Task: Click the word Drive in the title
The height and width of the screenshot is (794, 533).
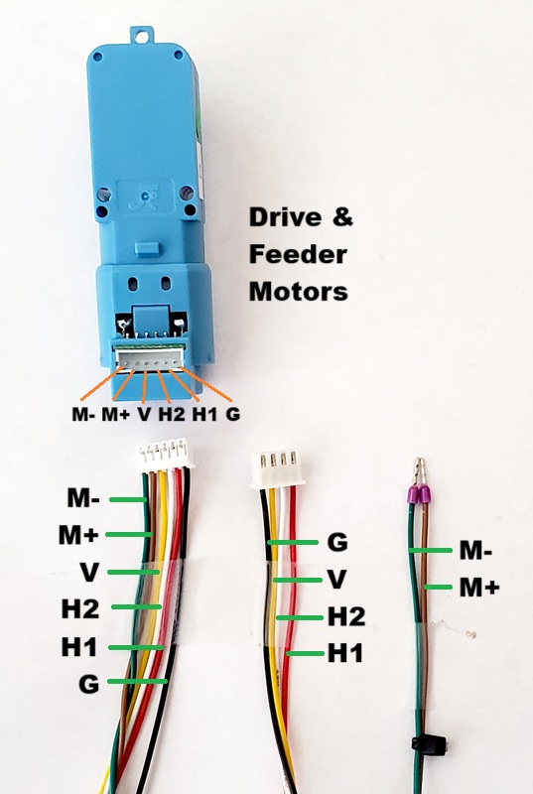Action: click(x=285, y=217)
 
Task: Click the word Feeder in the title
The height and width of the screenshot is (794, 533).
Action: click(x=298, y=254)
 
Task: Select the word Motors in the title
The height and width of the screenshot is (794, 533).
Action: click(x=298, y=291)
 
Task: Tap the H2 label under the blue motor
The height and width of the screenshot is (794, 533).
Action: click(x=172, y=414)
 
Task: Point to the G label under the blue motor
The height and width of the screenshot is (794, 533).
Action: click(x=232, y=414)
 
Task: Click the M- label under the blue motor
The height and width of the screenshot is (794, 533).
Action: click(x=83, y=414)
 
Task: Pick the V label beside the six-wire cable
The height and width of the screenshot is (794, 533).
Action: click(x=89, y=573)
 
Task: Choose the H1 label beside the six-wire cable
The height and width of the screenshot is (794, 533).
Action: click(x=79, y=647)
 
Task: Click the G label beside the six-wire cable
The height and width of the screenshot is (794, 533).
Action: click(x=88, y=684)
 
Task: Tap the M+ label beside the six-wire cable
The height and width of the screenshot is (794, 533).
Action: click(x=78, y=535)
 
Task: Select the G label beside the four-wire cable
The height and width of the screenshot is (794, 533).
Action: click(x=337, y=542)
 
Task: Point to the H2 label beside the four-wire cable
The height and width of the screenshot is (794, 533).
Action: click(x=346, y=616)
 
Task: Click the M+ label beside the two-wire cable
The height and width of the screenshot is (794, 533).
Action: click(x=479, y=588)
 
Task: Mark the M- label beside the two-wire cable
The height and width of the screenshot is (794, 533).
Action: click(x=475, y=550)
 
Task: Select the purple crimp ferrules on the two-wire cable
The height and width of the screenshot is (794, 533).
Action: click(x=419, y=493)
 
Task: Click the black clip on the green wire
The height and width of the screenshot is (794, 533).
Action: click(x=428, y=744)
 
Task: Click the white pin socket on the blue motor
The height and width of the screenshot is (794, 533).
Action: click(x=150, y=360)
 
